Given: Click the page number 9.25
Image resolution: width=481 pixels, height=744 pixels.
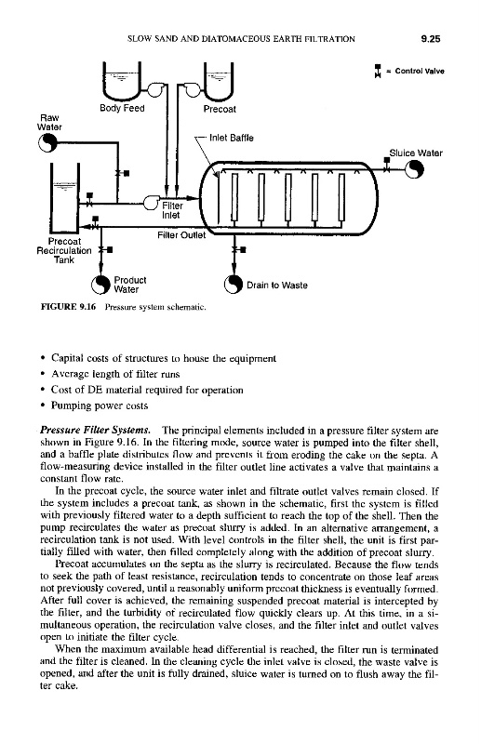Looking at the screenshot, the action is pos(430,39).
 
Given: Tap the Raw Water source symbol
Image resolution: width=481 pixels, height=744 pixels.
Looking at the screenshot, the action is pos(48,142).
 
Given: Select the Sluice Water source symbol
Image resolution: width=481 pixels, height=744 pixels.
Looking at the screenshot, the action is pos(414,168).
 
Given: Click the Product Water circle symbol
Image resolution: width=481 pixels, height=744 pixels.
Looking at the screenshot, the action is pos(100,285).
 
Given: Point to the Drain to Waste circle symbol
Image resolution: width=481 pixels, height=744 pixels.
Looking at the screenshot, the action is pos(234,285).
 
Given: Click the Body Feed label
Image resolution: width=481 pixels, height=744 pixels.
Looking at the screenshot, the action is pos(122,108).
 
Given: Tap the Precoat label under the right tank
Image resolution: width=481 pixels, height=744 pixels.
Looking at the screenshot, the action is pos(220,109).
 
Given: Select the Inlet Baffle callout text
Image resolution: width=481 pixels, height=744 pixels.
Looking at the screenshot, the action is pos(232,138).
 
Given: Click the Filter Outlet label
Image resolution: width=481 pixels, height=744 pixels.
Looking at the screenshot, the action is pos(181,235).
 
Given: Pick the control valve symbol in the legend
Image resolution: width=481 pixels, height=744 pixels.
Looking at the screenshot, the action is pos(378,72).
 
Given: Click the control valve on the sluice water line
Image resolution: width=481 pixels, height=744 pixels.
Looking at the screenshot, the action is pos(387,165).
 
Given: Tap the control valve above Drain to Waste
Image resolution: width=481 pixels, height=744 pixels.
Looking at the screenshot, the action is pos(237,249).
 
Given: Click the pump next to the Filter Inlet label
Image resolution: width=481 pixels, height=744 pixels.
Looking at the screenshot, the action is pos(152,202).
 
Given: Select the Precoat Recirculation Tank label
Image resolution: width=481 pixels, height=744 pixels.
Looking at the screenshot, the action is pos(64,250).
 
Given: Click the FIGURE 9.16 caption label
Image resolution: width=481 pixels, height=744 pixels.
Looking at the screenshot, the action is pos(68,307).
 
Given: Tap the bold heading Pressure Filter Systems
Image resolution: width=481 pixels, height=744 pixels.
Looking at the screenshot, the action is pos(96,431).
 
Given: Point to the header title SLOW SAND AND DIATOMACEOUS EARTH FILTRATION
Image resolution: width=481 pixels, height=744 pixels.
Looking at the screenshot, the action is pos(241,39).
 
